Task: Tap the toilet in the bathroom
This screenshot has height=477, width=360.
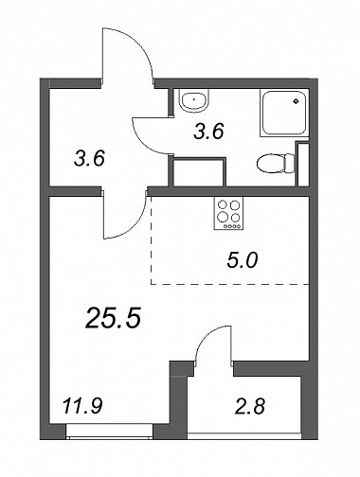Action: [276, 163]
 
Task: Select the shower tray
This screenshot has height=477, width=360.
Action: [284, 114]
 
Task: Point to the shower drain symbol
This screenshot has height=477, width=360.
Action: [296, 101]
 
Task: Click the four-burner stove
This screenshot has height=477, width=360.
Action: [229, 213]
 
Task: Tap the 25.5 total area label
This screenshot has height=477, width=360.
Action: [113, 318]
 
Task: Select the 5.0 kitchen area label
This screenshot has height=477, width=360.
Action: [243, 261]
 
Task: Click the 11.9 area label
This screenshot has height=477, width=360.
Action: [82, 405]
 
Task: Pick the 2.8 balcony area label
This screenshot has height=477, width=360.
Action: [250, 406]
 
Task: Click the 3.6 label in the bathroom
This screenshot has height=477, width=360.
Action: [208, 132]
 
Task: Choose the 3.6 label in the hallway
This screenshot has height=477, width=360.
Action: [89, 158]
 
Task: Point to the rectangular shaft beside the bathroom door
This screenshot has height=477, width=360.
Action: [200, 172]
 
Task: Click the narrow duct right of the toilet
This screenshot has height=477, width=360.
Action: [303, 164]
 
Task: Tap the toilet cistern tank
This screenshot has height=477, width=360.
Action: [290, 163]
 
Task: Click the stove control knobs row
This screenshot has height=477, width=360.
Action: [232, 226]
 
